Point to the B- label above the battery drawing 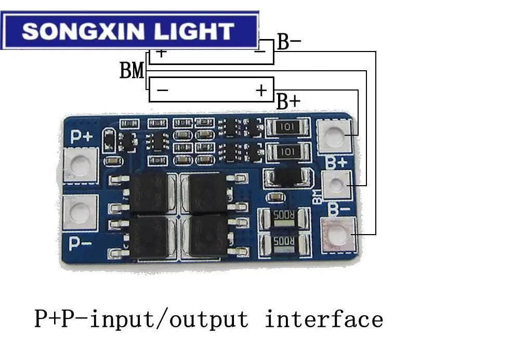click(289, 42)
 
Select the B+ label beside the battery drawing click(288, 101)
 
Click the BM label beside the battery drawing click(132, 70)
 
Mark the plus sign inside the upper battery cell click(161, 53)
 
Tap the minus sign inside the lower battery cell click(162, 91)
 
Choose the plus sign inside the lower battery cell click(261, 91)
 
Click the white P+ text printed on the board click(82, 137)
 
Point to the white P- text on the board click(81, 243)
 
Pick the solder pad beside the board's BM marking click(336, 185)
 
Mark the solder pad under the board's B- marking click(338, 236)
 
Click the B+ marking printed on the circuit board click(336, 162)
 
